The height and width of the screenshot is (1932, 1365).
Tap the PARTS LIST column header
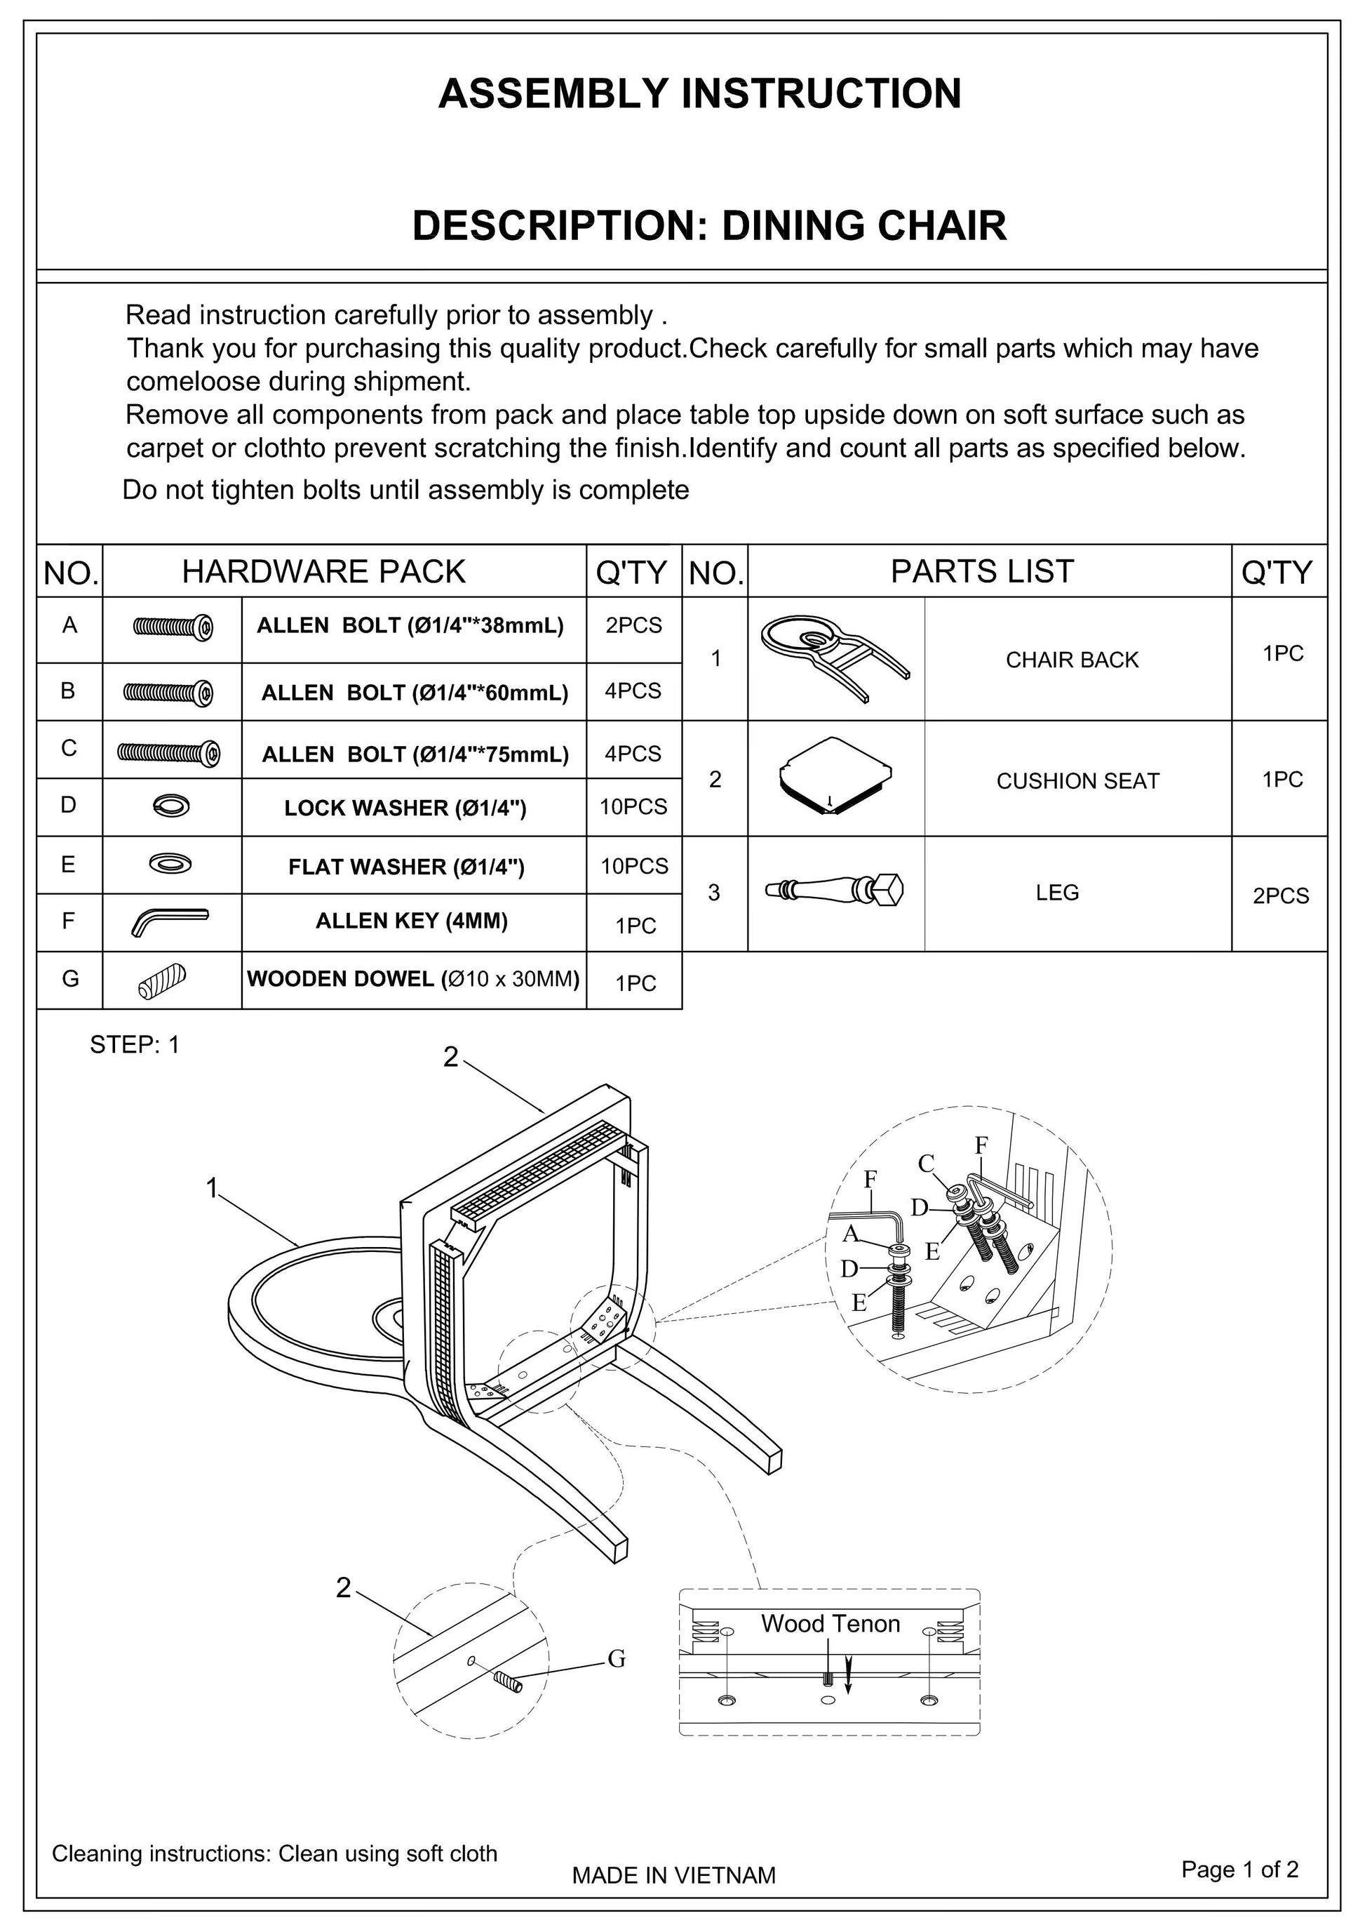click(x=981, y=572)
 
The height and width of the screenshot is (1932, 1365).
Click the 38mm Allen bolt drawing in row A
click(x=173, y=627)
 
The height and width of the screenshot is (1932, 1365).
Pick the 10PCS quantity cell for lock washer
click(x=633, y=807)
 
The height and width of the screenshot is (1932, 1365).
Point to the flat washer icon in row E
click(x=170, y=863)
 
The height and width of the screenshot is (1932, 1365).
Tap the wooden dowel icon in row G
click(x=161, y=980)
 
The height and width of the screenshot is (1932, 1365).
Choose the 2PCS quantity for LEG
click(x=1280, y=896)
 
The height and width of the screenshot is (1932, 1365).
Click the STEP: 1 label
click(x=135, y=1045)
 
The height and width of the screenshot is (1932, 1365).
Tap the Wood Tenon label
click(x=829, y=1624)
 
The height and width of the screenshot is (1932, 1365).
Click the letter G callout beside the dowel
click(x=617, y=1658)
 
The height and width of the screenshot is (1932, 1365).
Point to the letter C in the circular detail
click(x=926, y=1164)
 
